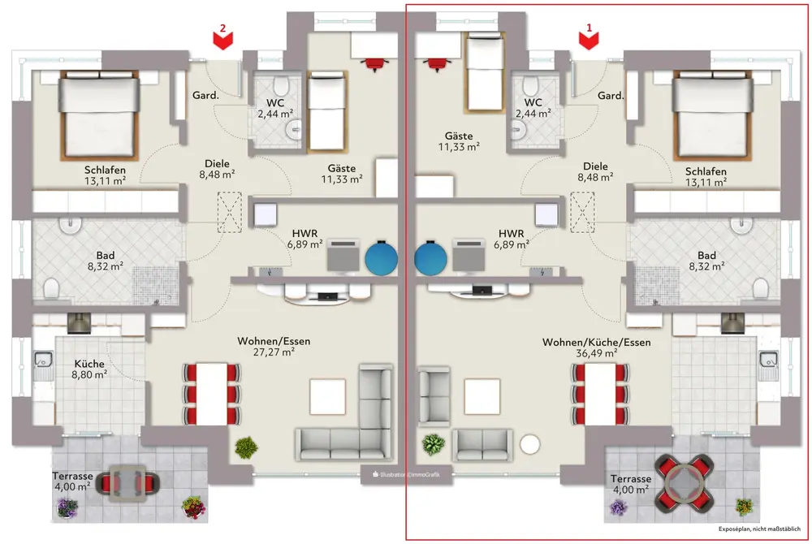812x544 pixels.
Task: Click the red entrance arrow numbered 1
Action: tap(591, 37)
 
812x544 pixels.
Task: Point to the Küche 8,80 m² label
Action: tap(89, 369)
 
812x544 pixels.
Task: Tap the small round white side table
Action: tap(531, 444)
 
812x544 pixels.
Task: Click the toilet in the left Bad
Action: tap(51, 287)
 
